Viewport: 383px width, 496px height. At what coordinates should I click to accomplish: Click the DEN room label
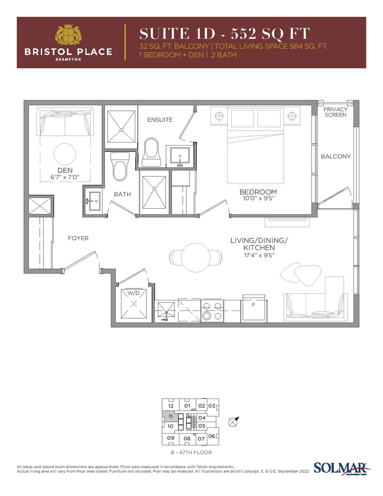coord(65,170)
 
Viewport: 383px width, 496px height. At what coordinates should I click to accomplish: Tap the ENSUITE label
coord(160,120)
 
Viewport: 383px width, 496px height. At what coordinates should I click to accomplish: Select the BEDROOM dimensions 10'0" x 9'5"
coord(258,198)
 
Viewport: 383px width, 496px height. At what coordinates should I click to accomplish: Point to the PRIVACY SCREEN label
coord(335,112)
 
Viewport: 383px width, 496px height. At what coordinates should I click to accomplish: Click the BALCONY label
coord(336,156)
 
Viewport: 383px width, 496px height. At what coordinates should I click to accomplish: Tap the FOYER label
coord(78,238)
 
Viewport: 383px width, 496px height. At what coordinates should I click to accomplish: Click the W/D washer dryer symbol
coord(134,303)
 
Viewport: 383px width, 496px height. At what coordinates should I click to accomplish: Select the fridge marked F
coord(254,308)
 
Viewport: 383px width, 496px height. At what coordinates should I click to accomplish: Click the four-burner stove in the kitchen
coord(212,311)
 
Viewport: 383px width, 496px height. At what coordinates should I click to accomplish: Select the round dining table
coord(196,258)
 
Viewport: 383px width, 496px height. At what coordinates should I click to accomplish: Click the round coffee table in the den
coord(65,154)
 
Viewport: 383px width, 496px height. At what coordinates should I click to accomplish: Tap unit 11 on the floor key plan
coord(170,417)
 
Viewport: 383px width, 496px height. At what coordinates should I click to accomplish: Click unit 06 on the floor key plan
coord(211,436)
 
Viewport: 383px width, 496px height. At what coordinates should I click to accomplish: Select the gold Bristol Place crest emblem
coord(68,35)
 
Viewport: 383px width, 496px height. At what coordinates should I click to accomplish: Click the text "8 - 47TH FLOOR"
coord(191,452)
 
